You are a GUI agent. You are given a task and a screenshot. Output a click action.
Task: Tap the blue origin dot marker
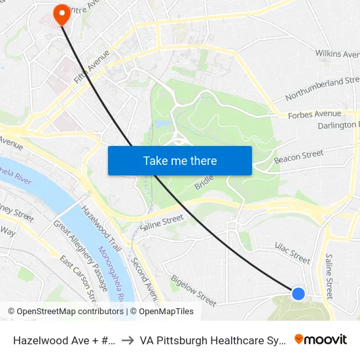[x=298, y=294]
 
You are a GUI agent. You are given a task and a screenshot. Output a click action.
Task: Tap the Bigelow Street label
[x=193, y=291]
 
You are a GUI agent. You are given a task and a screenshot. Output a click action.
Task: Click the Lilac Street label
[x=292, y=252]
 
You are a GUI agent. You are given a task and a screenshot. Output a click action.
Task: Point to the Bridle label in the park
[x=205, y=182]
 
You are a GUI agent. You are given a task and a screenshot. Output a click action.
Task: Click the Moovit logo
[x=320, y=339]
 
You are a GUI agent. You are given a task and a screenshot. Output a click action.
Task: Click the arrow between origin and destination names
[x=128, y=340]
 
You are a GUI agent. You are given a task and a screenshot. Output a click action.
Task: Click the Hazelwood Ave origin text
[x=65, y=340]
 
